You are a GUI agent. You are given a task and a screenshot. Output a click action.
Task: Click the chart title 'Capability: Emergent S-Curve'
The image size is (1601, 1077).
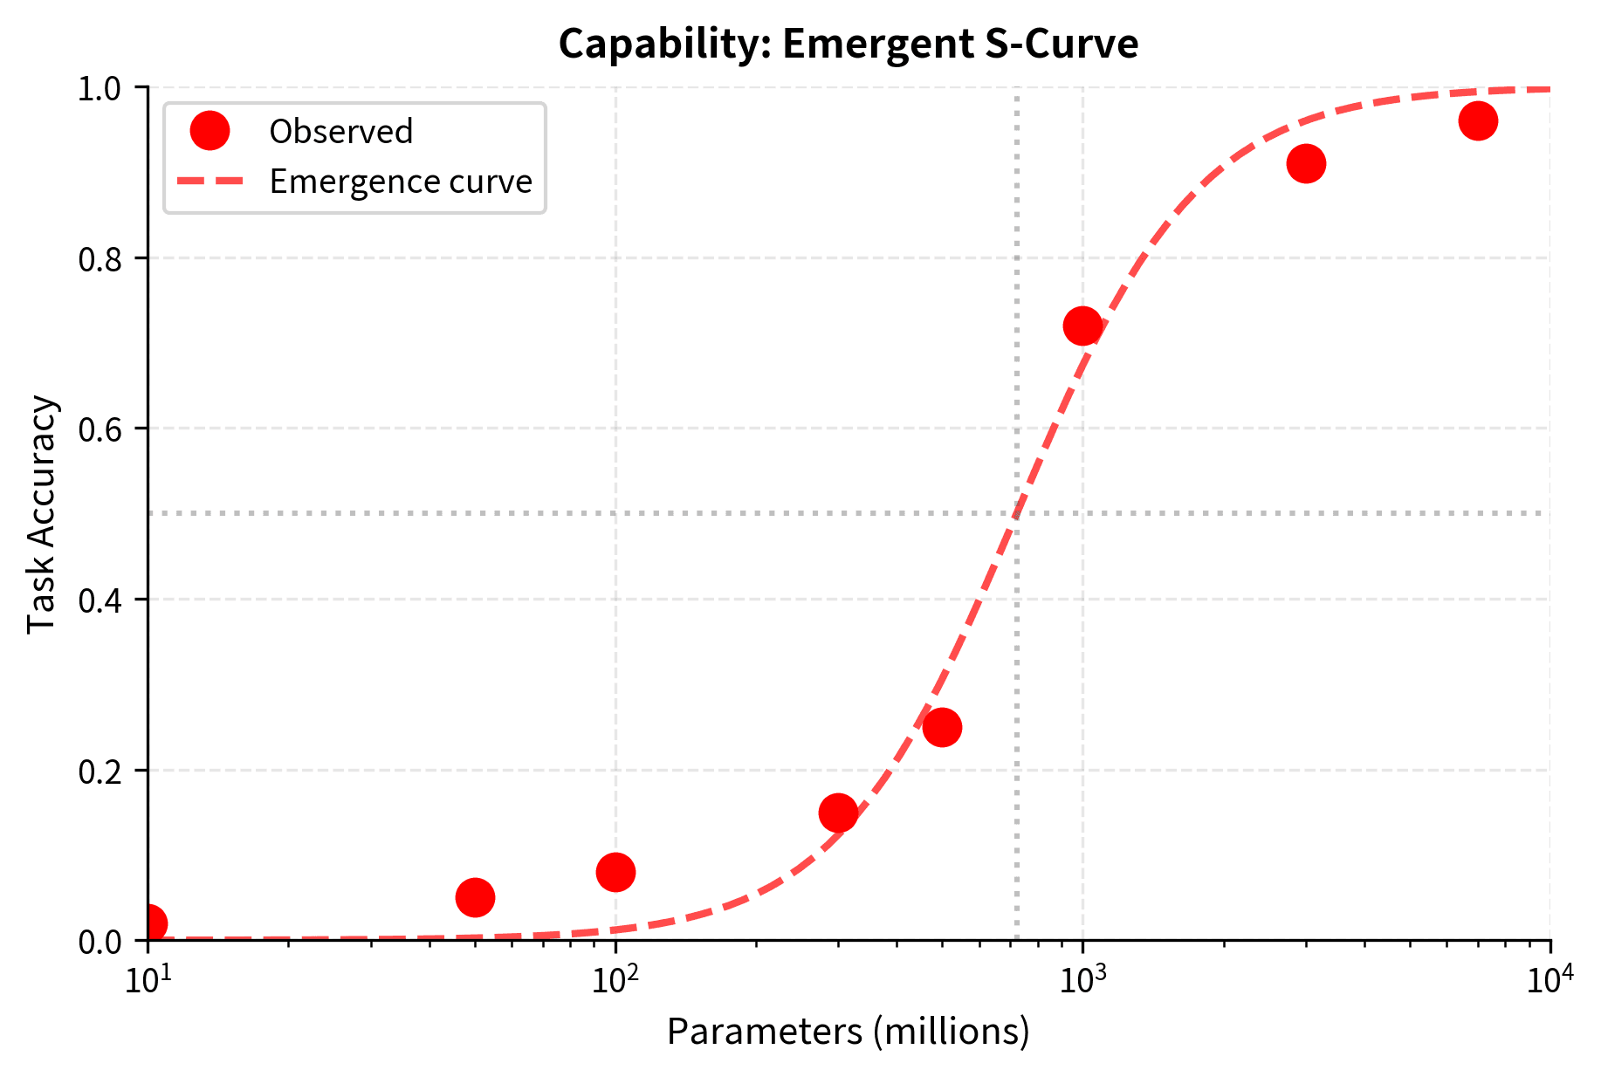[x=848, y=44]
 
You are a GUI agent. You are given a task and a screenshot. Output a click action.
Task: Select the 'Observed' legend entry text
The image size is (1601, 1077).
[x=340, y=132]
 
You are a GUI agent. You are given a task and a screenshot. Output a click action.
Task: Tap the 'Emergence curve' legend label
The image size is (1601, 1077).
[x=401, y=182]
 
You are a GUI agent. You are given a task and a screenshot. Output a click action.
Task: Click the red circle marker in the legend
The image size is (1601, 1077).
[x=210, y=131]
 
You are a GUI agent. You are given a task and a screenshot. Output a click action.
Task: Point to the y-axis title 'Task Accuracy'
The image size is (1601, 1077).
[x=41, y=514]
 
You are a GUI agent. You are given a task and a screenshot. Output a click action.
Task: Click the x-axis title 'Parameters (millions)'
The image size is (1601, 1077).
[x=848, y=1032]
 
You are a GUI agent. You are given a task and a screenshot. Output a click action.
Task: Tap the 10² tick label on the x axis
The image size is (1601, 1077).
[x=615, y=981]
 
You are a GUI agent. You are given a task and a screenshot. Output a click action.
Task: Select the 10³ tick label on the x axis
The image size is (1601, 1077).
[x=1082, y=981]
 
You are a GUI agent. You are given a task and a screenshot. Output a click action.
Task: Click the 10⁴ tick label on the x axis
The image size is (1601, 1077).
[x=1549, y=981]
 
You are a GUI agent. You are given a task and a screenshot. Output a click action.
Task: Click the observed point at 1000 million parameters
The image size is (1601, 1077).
[x=1082, y=326]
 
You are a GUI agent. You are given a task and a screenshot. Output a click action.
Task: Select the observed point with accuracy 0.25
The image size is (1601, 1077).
[x=942, y=727]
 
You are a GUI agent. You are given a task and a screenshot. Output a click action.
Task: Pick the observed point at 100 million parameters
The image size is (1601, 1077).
[x=615, y=872]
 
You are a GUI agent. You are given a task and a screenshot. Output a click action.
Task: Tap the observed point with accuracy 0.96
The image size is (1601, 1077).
[x=1478, y=120]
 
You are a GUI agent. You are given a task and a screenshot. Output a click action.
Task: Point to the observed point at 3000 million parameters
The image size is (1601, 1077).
[x=1306, y=163]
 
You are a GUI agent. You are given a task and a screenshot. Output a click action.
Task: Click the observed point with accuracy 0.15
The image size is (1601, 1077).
[x=838, y=813]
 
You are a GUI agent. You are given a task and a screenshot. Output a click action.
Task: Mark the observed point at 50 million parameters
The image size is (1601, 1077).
[x=475, y=897]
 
